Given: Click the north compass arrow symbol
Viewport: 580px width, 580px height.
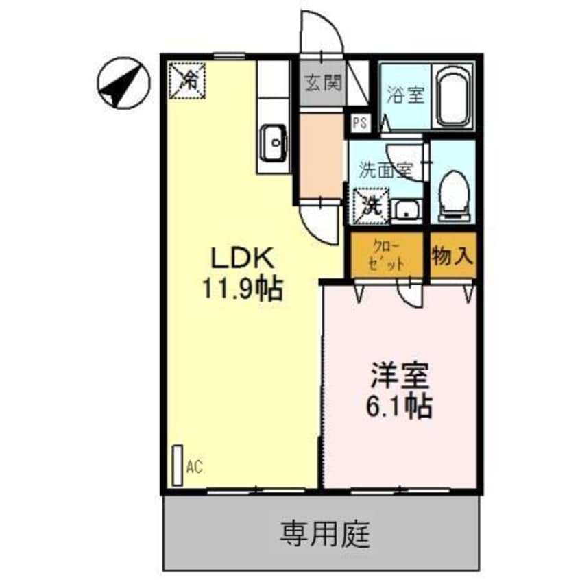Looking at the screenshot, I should (123, 84).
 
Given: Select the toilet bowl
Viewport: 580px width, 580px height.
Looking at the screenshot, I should (453, 193).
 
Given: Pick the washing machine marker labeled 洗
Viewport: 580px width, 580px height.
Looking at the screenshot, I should (371, 204).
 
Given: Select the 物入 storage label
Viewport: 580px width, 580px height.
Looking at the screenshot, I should (452, 256).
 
